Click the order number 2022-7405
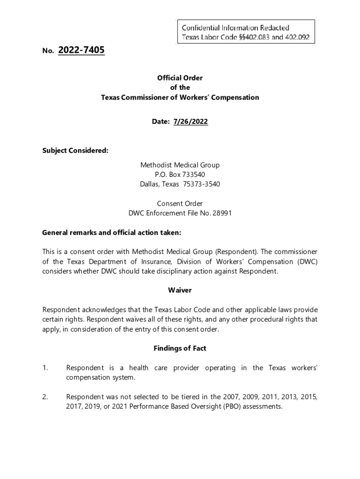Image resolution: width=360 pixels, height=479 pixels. coord(81,50)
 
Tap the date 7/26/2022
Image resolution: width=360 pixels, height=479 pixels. coord(190,122)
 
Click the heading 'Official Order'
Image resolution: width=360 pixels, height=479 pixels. coord(180,78)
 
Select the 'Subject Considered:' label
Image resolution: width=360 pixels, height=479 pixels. coord(75,151)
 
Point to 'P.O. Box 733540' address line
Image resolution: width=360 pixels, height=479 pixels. coord(180,174)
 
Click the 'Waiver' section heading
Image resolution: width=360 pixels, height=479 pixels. coord(180,290)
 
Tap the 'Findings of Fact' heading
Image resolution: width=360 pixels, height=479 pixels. coord(180,348)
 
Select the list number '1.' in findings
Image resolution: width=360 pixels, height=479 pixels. coord(45,368)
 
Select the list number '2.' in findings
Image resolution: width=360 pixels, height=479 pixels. coord(45,397)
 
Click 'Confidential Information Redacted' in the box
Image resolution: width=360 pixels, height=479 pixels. coord(235,28)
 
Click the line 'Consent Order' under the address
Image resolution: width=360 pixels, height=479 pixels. coord(180,203)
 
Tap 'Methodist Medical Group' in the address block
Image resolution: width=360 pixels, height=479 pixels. coord(180,165)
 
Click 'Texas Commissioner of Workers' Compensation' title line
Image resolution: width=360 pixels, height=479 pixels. coord(180,98)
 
